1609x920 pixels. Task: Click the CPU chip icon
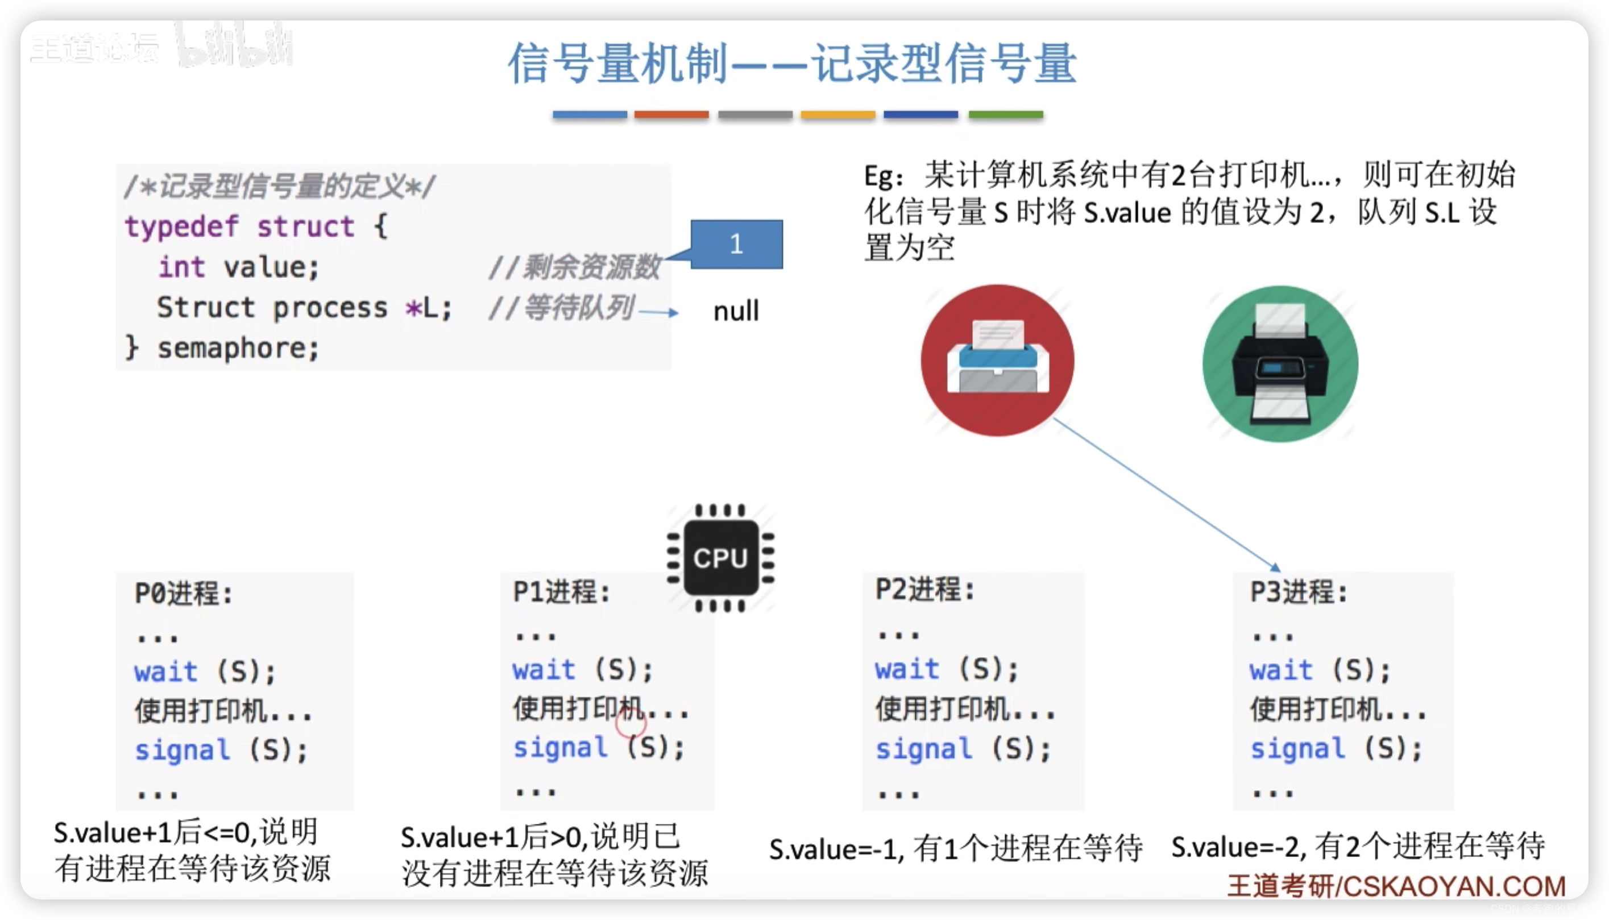coord(721,558)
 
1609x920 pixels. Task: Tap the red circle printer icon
coord(997,360)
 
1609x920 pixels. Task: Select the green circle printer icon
coord(1280,363)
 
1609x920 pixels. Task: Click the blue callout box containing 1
coord(737,244)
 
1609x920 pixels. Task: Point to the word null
coord(736,312)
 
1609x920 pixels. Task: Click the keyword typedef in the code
coord(181,226)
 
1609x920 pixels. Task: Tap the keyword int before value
coord(181,267)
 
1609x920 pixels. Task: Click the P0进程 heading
coord(183,593)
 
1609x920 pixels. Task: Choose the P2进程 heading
coord(924,590)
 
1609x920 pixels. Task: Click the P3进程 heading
coord(1298,592)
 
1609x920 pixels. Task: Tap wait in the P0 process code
coord(165,671)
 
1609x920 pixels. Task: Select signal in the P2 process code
coord(923,749)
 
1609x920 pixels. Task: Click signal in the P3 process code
coord(1297,749)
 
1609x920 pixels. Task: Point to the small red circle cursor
coord(631,725)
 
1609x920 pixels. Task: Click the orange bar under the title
coord(837,115)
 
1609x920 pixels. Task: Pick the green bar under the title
coord(1006,115)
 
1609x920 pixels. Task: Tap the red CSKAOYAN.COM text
coord(1454,886)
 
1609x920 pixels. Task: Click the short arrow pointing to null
coord(658,312)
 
